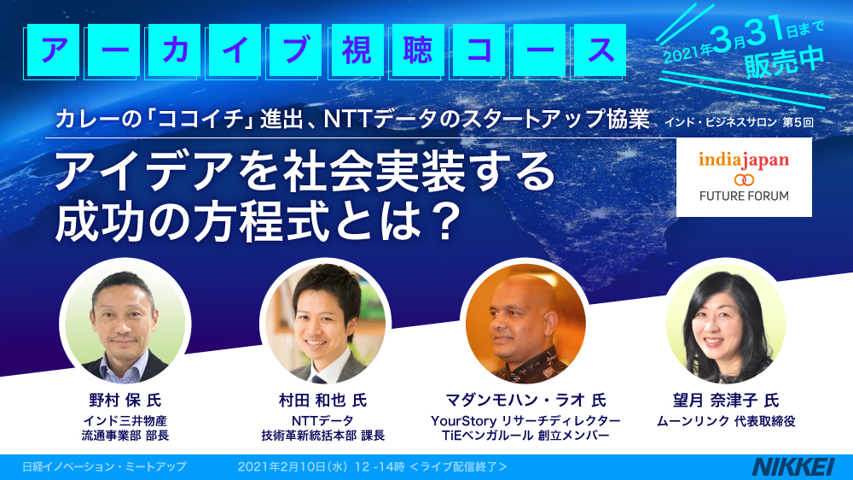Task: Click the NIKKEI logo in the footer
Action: [793, 467]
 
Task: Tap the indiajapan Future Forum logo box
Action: [744, 178]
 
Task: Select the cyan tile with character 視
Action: [356, 50]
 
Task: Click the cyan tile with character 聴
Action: [417, 50]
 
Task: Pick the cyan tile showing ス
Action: [600, 50]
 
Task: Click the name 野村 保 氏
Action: [125, 401]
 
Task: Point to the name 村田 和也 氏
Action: [322, 401]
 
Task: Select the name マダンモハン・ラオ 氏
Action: [525, 401]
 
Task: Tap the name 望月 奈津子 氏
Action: [726, 401]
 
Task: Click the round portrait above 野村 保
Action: [125, 325]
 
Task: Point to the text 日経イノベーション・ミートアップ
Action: [104, 467]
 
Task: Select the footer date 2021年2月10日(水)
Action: [292, 467]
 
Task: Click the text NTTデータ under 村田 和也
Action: [322, 421]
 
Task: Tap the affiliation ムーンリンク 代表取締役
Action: [726, 421]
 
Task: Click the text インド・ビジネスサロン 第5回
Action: [739, 122]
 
